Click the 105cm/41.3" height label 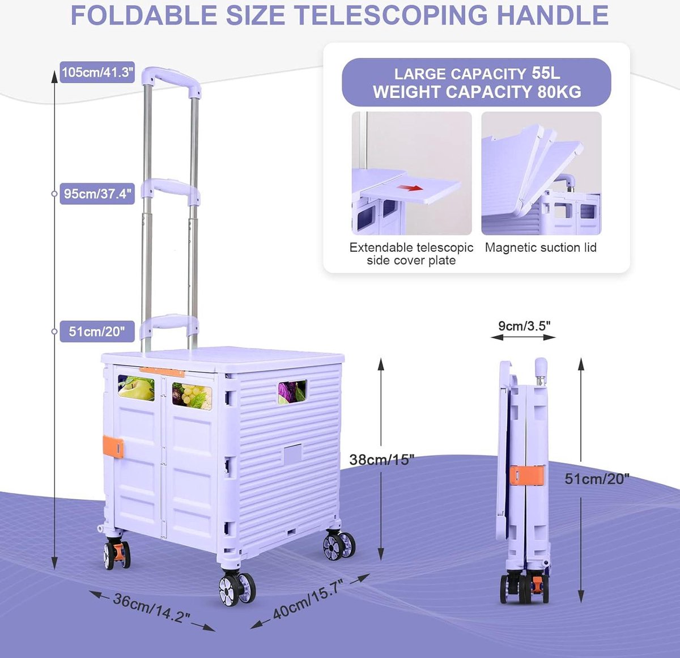pos(97,73)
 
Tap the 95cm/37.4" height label pos(97,193)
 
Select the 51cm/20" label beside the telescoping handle pos(97,332)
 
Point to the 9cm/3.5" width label pos(524,326)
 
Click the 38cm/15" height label pos(381,460)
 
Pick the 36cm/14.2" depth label pos(152,610)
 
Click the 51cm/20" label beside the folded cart pos(597,479)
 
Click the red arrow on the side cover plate pos(410,188)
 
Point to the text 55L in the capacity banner pos(546,73)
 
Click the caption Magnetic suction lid pos(541,248)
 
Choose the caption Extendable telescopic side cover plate pos(411,254)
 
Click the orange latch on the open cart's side pos(113,447)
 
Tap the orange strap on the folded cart pos(527,476)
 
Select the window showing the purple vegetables pos(292,392)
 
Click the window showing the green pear pos(136,388)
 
